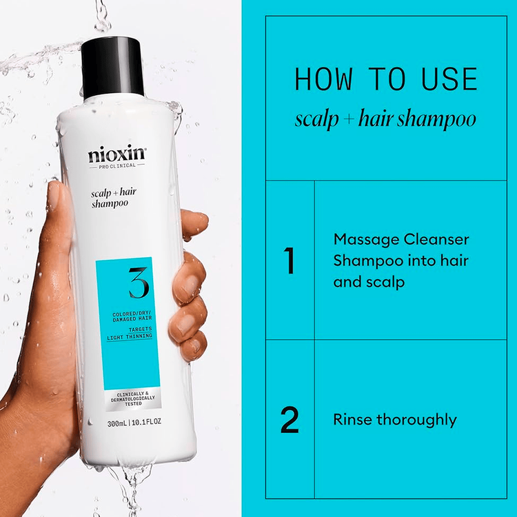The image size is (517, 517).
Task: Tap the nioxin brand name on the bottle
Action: point(117,154)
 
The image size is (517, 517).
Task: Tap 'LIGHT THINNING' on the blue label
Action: point(134,336)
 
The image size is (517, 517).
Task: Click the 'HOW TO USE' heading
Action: point(386,80)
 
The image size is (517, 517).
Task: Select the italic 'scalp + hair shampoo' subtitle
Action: point(385,119)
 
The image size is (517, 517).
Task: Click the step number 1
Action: point(290,261)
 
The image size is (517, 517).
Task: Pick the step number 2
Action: point(290,420)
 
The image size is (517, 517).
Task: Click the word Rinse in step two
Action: point(352,419)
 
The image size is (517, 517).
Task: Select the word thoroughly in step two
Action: point(416,420)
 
